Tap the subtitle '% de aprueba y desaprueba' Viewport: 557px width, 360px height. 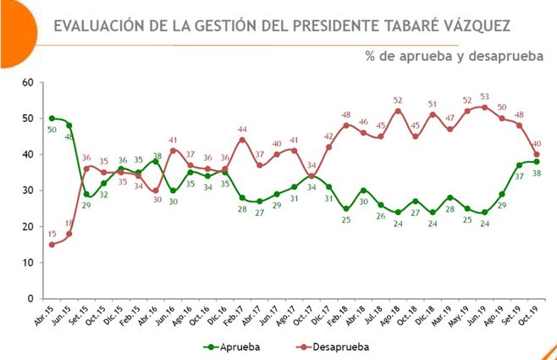pyautogui.click(x=455, y=57)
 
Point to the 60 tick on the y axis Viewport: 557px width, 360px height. pyautogui.click(x=27, y=82)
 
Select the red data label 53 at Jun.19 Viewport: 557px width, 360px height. pyautogui.click(x=483, y=97)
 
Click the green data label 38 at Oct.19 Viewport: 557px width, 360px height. pyautogui.click(x=536, y=173)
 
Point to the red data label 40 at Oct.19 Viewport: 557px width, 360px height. pyautogui.click(x=537, y=144)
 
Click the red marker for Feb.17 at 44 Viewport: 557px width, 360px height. pyautogui.click(x=242, y=140)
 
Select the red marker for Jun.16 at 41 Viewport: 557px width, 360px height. pyautogui.click(x=173, y=151)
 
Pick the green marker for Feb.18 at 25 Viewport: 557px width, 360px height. pyautogui.click(x=345, y=208)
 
